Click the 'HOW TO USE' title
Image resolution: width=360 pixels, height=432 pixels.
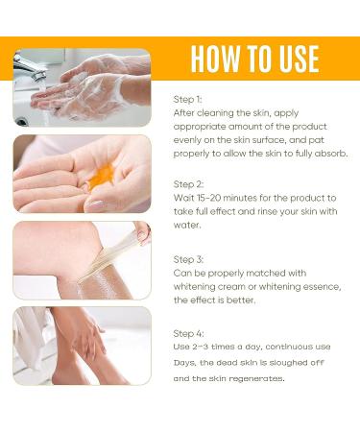coord(254,59)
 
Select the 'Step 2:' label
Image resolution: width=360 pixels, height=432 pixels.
coord(188,184)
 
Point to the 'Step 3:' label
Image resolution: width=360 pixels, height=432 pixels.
coord(188,259)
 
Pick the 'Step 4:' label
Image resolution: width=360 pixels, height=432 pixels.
coord(188,333)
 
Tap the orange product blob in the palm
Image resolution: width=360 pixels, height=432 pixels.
coord(102,176)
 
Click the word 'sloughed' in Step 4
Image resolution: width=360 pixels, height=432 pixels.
coord(284,363)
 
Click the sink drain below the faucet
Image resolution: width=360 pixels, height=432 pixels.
coord(21,122)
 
